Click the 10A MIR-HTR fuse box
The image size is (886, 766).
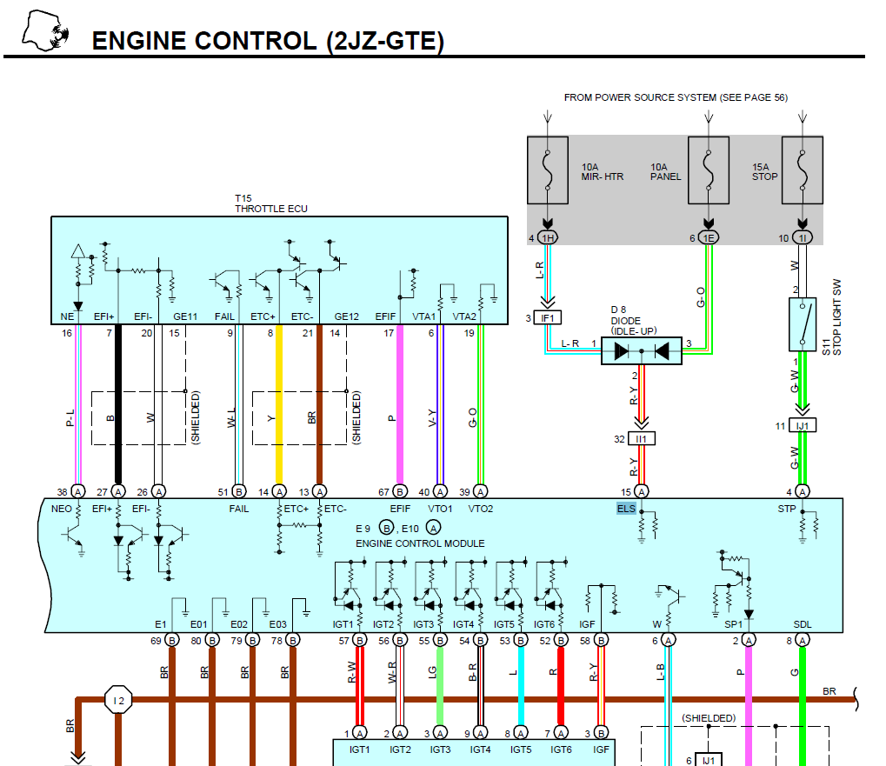(x=548, y=170)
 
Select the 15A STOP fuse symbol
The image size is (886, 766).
(x=803, y=170)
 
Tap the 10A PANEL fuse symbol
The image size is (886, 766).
(x=708, y=170)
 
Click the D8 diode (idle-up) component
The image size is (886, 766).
(x=642, y=350)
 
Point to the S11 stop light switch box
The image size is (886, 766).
(x=803, y=319)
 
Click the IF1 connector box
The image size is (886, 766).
(x=548, y=319)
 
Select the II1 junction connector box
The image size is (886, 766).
(x=642, y=439)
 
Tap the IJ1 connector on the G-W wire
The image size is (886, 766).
(x=803, y=426)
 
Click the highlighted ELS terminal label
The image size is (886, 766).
(x=626, y=509)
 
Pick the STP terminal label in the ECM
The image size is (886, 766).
(x=788, y=509)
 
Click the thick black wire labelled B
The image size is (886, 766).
(x=118, y=409)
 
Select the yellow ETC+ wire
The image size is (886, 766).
(x=279, y=409)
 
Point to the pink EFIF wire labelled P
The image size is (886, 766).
(x=399, y=409)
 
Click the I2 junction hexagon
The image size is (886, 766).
(x=118, y=699)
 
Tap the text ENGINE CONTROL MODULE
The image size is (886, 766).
(x=420, y=543)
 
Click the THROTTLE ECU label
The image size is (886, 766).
(x=270, y=209)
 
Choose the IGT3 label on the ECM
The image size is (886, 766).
(x=423, y=624)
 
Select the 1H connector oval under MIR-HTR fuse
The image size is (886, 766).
(x=548, y=238)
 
